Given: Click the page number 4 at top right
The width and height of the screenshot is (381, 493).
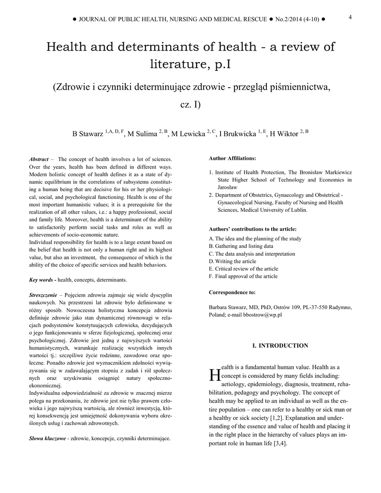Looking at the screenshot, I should click(x=350, y=17).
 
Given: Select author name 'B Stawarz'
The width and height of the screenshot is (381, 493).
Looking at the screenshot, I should click(x=88, y=134).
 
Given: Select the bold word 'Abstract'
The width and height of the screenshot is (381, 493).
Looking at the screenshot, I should click(x=39, y=159).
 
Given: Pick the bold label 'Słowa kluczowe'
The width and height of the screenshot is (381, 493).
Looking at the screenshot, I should click(x=47, y=439).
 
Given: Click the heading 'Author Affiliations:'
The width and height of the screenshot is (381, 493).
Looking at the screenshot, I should click(x=233, y=158).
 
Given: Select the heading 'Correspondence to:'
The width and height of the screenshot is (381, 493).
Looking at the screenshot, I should click(x=232, y=292).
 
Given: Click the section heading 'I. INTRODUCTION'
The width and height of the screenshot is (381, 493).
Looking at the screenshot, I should click(x=280, y=346).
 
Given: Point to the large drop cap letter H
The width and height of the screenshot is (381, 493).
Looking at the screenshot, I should click(x=214, y=374).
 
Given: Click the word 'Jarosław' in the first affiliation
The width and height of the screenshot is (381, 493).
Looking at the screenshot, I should click(x=227, y=187).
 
